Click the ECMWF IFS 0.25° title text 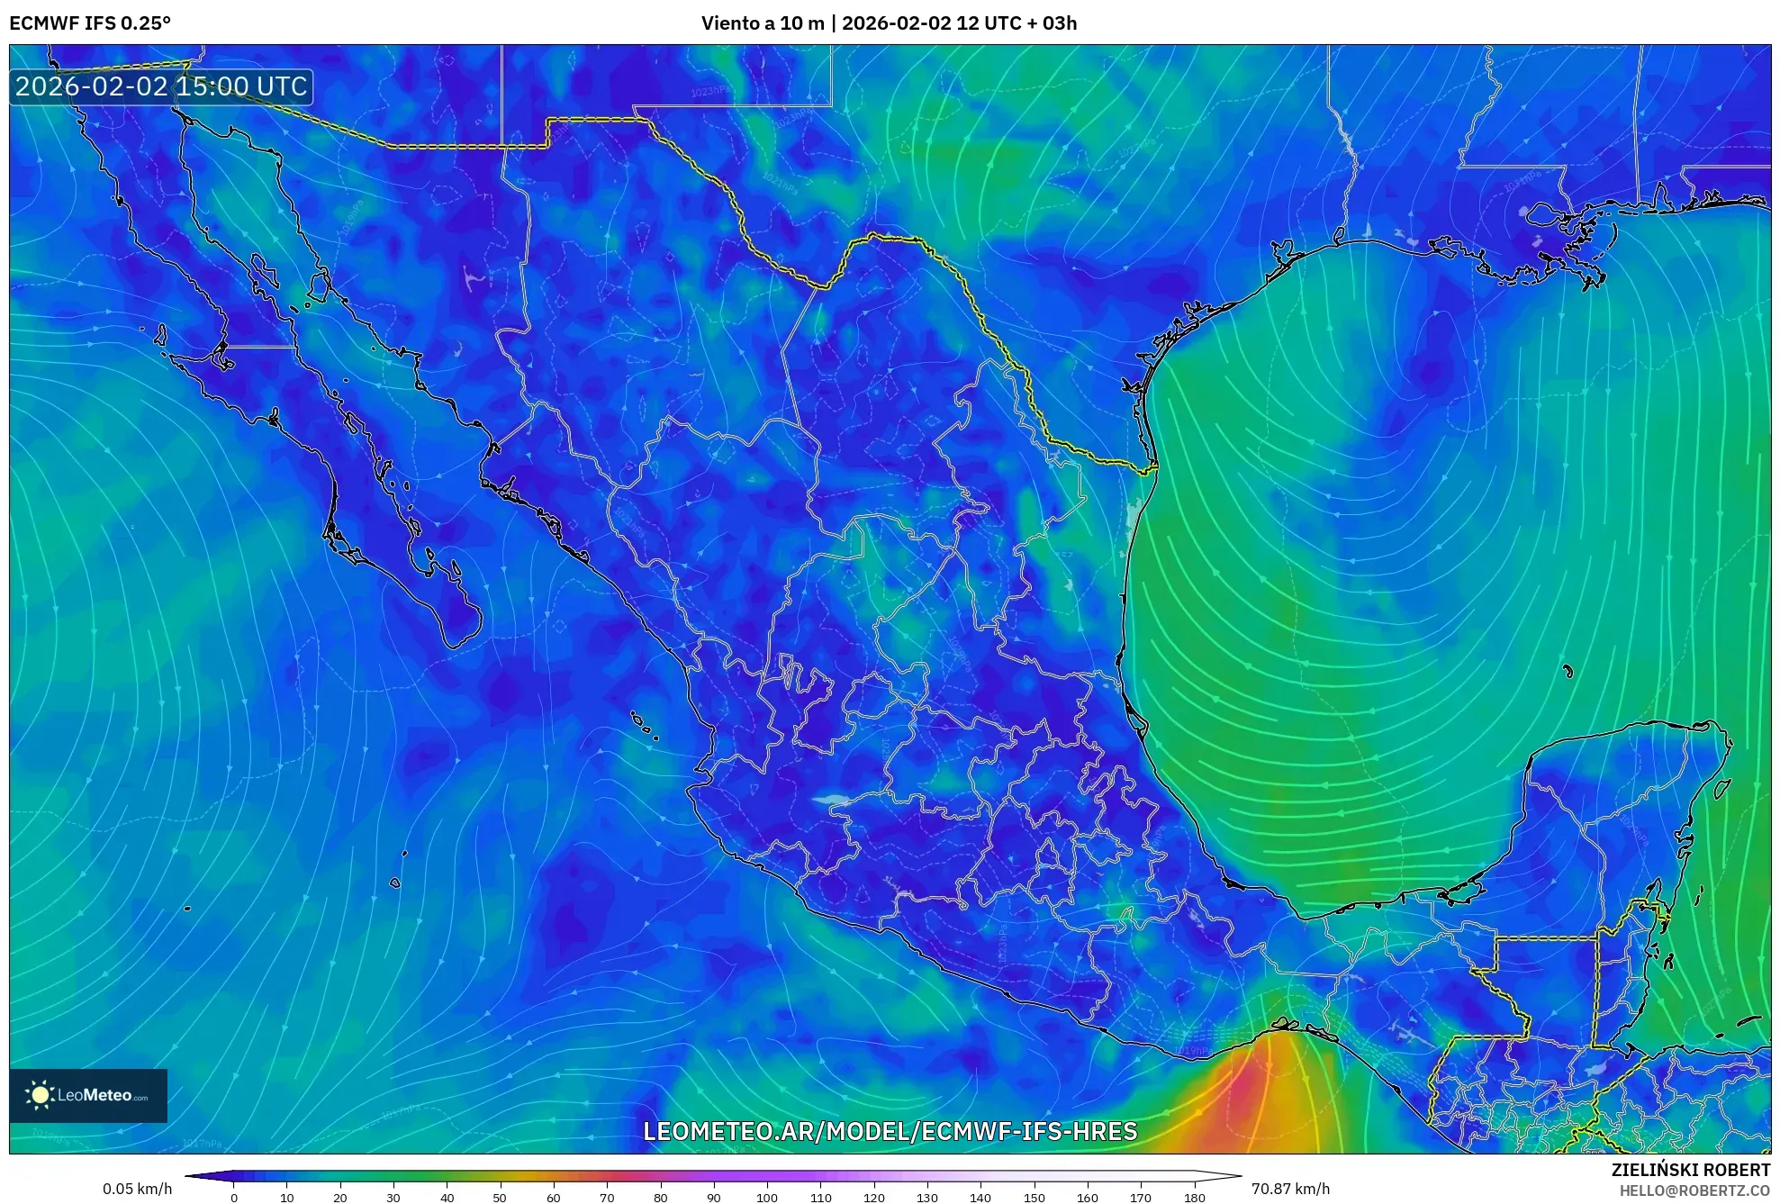tap(90, 23)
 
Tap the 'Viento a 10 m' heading tap(763, 23)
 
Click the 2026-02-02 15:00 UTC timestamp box tap(161, 86)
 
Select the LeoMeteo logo tap(88, 1095)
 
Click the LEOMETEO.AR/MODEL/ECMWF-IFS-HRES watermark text tap(890, 1131)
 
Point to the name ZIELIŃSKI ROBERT tap(1690, 1170)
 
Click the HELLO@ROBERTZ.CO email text tap(1694, 1190)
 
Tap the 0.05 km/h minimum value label tap(137, 1189)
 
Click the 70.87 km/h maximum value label tap(1290, 1189)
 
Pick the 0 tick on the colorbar tap(234, 1198)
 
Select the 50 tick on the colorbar tap(500, 1198)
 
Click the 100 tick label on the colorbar tap(766, 1198)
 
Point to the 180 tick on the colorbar tap(1194, 1198)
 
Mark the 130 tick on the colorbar tap(926, 1198)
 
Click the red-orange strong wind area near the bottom tap(1242, 1103)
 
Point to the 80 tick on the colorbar tap(660, 1198)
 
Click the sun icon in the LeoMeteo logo tap(41, 1095)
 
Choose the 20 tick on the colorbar tap(339, 1198)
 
